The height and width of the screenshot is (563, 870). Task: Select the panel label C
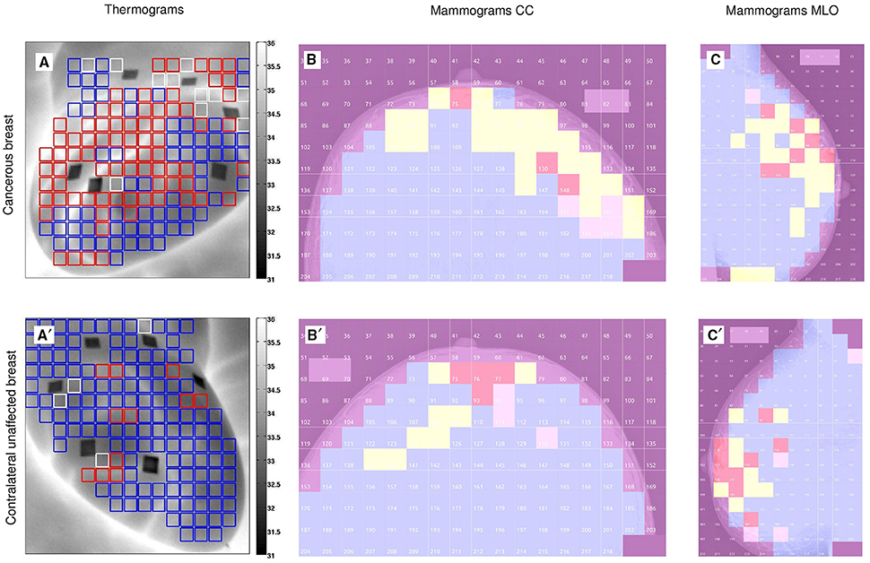click(x=715, y=62)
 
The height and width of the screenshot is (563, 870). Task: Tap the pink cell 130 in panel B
click(x=545, y=168)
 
